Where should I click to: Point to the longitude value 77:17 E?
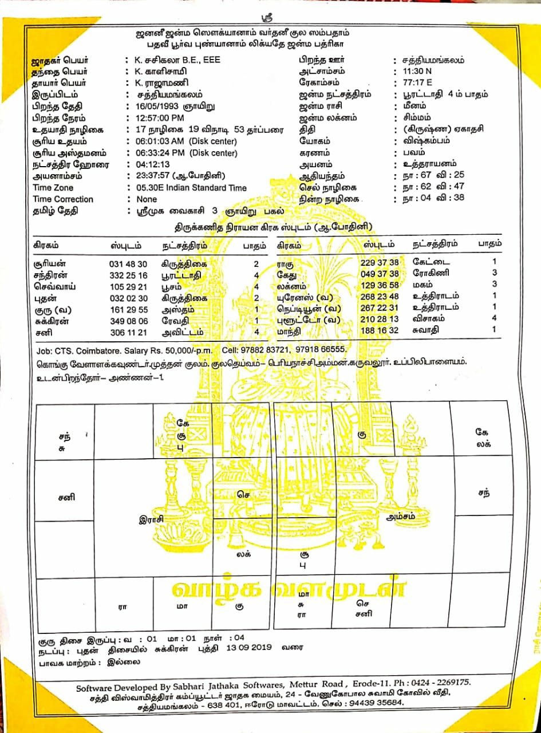click(417, 83)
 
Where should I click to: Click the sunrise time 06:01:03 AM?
click(161, 141)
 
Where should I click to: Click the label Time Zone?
click(54, 188)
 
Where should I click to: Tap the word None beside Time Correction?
click(147, 199)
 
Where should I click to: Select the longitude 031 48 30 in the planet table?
click(128, 264)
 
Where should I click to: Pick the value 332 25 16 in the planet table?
click(128, 275)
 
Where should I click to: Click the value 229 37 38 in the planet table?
click(380, 262)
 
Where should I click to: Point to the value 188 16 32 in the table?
click(380, 330)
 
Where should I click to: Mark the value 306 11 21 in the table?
click(128, 332)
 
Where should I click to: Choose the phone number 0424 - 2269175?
click(436, 683)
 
